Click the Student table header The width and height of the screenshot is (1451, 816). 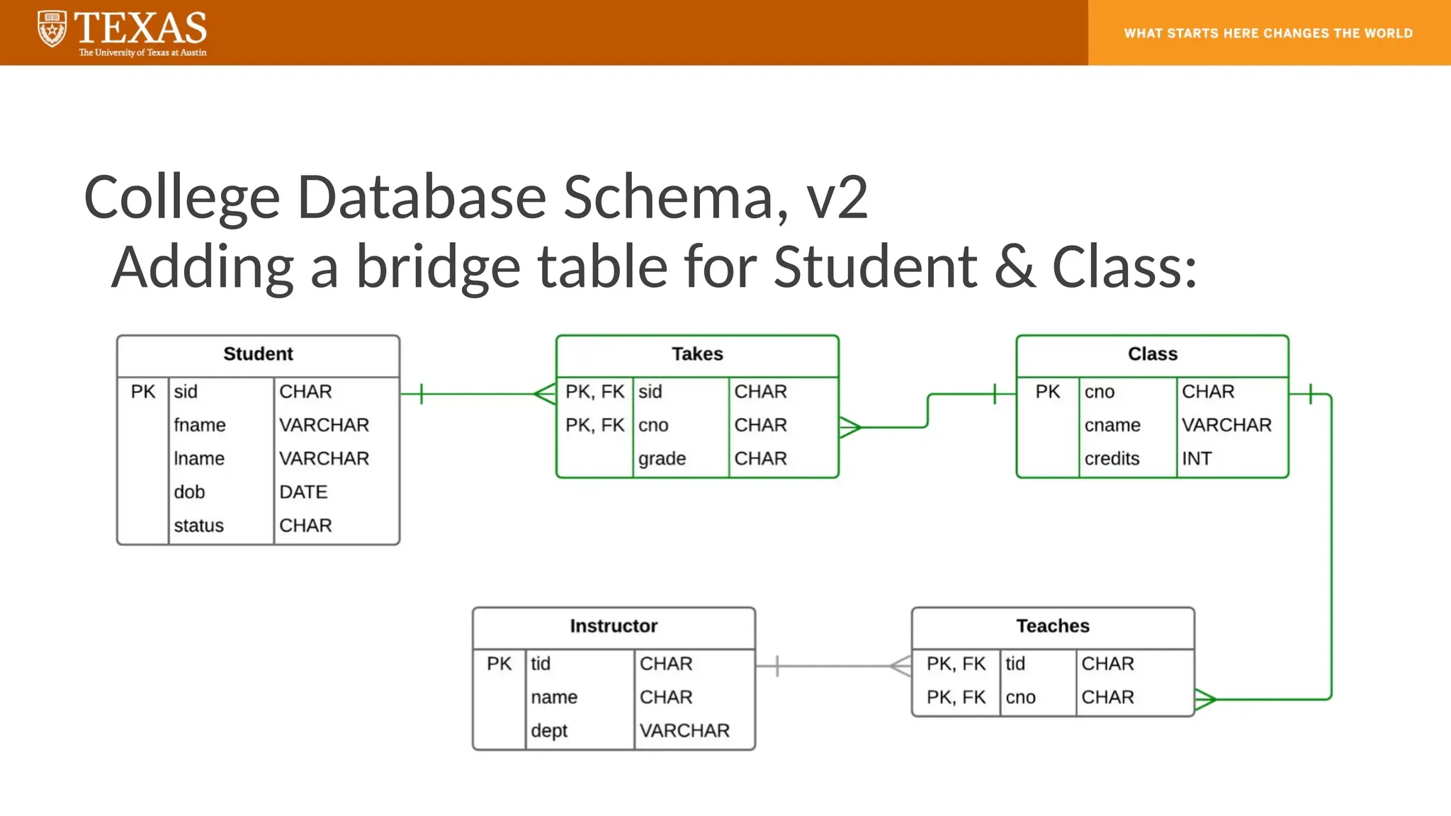tap(258, 354)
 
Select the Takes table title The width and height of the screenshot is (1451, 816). tap(697, 354)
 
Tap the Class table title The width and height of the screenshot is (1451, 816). tap(1152, 354)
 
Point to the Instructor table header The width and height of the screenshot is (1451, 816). tap(614, 626)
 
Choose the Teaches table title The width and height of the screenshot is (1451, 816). tap(1053, 626)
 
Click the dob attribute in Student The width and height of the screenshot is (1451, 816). tap(189, 492)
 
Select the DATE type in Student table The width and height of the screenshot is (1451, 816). tap(303, 492)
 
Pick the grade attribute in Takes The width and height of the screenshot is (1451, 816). tap(662, 459)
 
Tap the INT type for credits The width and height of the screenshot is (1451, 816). tap(1197, 459)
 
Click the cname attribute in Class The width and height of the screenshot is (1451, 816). tap(1112, 426)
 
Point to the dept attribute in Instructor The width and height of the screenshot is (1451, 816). tap(549, 731)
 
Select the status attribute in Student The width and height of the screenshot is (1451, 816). tap(198, 526)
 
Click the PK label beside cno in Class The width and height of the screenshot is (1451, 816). tap(1047, 392)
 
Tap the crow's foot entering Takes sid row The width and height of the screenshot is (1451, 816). tap(545, 394)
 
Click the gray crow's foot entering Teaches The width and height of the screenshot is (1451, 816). tap(900, 666)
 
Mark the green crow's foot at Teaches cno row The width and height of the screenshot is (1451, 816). tap(1205, 700)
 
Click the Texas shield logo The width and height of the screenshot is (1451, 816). tap(52, 30)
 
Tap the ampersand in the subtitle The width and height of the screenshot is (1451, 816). tap(1015, 267)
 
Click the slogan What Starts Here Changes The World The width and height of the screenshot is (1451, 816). tap(1268, 33)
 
